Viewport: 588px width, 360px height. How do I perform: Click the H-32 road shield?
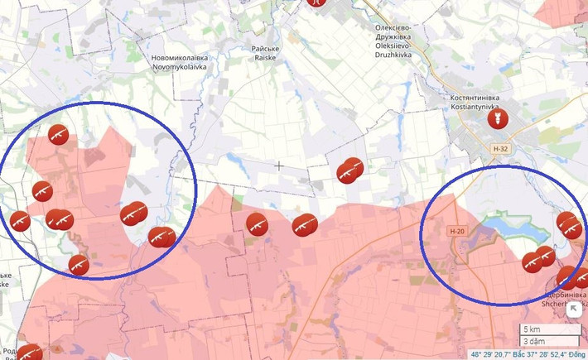point(499,148)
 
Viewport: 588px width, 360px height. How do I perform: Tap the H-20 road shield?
point(456,231)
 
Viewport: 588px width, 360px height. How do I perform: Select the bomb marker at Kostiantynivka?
point(497,119)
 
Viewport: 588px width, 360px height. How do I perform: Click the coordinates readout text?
point(527,354)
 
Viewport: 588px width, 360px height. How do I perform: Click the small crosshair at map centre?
point(279,166)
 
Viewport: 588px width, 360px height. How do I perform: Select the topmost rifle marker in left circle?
point(58,134)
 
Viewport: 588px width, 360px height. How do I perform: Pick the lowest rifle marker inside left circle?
point(79,264)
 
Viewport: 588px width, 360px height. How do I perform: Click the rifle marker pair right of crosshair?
point(350,170)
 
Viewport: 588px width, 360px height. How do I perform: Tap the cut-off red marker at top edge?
point(315,2)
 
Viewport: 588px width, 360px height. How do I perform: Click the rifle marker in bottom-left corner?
point(30,353)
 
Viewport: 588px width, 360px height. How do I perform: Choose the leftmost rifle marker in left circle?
point(20,221)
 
